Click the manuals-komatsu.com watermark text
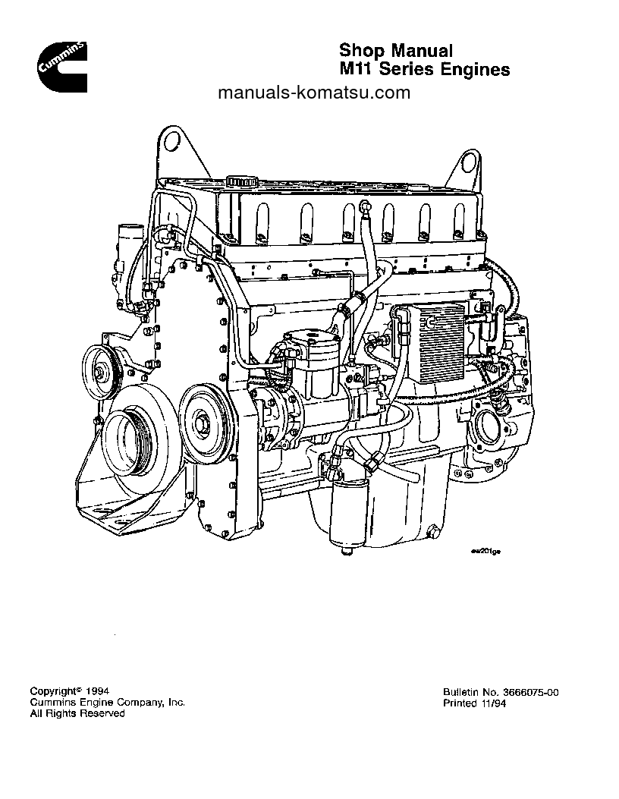313,93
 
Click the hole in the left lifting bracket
174,142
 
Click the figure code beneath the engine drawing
485,552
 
